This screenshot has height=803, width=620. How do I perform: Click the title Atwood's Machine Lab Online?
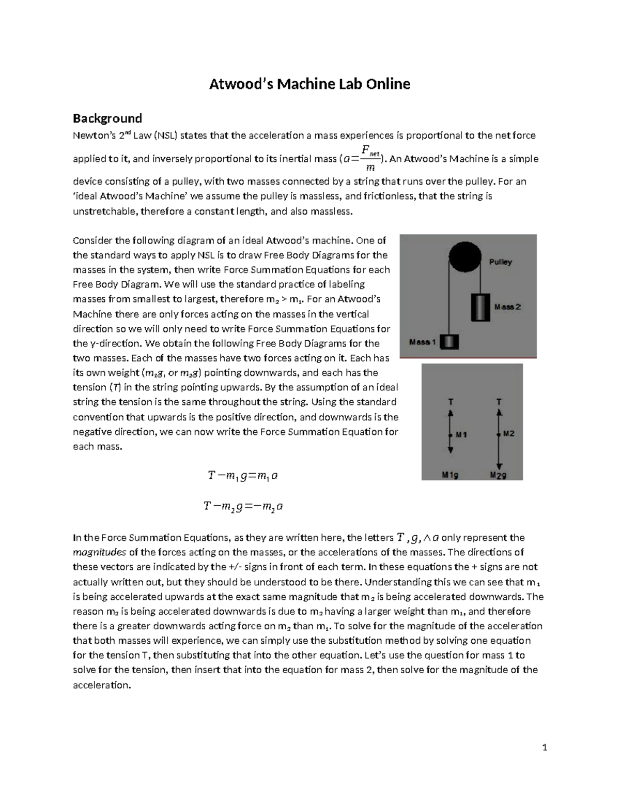point(309,84)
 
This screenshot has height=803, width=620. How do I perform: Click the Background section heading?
point(107,118)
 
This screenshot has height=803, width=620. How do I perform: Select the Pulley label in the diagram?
point(500,262)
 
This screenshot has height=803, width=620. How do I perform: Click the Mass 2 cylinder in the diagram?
point(480,307)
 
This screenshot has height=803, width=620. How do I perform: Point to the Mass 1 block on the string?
point(450,342)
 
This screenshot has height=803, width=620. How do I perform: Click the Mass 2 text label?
point(507,307)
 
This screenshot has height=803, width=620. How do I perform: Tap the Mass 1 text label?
point(423,342)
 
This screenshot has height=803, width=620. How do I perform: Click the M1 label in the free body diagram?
point(461,435)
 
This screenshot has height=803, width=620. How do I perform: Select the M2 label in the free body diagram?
point(508,434)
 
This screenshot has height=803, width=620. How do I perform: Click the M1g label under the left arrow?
point(450,475)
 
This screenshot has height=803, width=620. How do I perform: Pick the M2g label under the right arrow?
point(498,475)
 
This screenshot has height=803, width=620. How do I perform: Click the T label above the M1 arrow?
point(451,401)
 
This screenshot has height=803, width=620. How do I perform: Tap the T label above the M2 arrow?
point(499,401)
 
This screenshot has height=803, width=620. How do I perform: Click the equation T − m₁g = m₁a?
point(243,476)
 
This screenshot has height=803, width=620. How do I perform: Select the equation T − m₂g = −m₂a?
point(243,507)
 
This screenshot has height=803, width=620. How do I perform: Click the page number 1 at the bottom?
point(545,747)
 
